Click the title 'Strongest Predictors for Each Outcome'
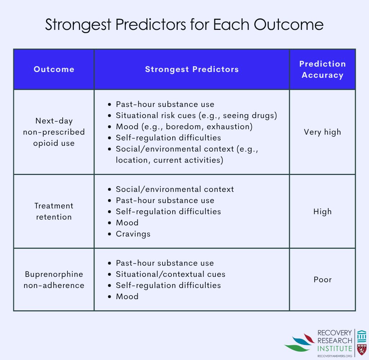(x=184, y=25)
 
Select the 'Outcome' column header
(x=54, y=69)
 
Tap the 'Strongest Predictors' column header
(x=192, y=69)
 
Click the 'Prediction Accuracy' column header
(x=322, y=69)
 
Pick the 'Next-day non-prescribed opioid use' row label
(x=54, y=132)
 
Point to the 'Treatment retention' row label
(x=54, y=211)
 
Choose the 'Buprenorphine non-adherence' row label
(x=54, y=279)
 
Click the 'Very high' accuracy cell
(x=322, y=132)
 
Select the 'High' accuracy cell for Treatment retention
(x=322, y=211)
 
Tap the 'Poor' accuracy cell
(x=322, y=279)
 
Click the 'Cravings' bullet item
(x=133, y=234)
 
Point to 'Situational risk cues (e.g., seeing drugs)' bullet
(x=196, y=115)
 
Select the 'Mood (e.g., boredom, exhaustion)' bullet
(x=184, y=126)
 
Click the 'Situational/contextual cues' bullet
(x=170, y=274)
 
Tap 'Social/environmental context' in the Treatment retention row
(x=174, y=189)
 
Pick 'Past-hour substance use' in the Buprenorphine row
(x=165, y=263)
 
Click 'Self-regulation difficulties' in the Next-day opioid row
(x=168, y=138)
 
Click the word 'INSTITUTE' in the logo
(x=334, y=348)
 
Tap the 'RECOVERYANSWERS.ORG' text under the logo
(x=334, y=356)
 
